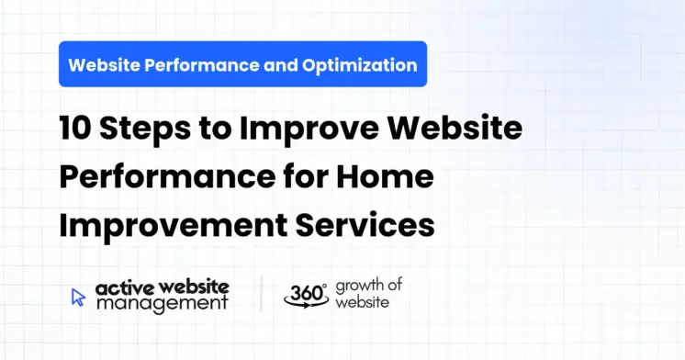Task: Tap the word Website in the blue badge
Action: point(102,65)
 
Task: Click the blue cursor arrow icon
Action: point(79,296)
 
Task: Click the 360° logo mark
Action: point(304,294)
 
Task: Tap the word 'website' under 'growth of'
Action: point(361,302)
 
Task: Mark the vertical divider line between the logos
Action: point(261,294)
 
